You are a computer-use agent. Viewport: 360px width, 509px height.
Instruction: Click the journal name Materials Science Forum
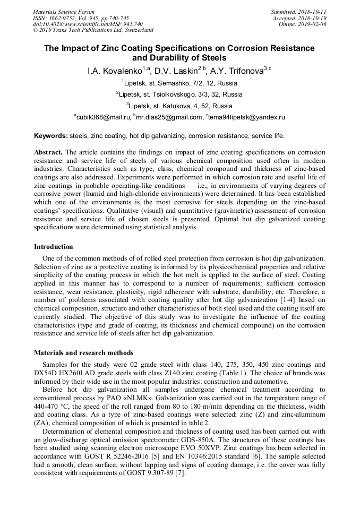click(x=64, y=12)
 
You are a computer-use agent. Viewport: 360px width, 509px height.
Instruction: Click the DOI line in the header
click(x=88, y=24)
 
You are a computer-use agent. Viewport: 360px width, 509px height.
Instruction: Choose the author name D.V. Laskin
click(x=178, y=71)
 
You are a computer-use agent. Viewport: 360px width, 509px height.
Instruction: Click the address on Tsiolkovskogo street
click(x=179, y=94)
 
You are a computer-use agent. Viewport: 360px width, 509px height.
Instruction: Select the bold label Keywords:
click(x=50, y=136)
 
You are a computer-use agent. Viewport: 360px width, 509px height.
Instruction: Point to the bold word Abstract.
click(x=49, y=152)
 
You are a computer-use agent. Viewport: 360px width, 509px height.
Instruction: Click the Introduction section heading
click(x=54, y=247)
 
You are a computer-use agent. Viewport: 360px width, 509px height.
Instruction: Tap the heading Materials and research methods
click(x=84, y=353)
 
